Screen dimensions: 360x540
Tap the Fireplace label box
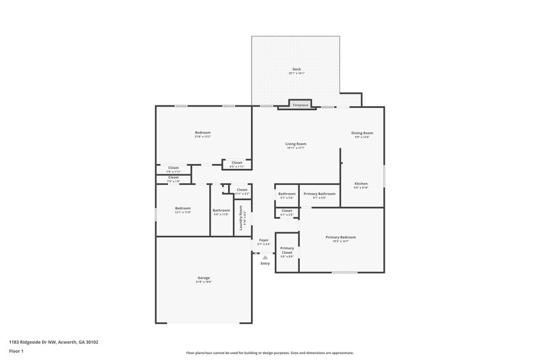pyautogui.click(x=300, y=105)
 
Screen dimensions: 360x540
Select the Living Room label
pyautogui.click(x=296, y=145)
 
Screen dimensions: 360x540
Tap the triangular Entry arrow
pyautogui.click(x=265, y=257)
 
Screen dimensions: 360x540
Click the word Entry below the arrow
pyautogui.click(x=265, y=263)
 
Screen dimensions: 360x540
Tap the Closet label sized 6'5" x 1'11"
pyautogui.click(x=237, y=163)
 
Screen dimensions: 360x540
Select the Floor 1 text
pyautogui.click(x=17, y=351)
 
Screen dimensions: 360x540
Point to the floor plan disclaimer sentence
pyautogui.click(x=270, y=353)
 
